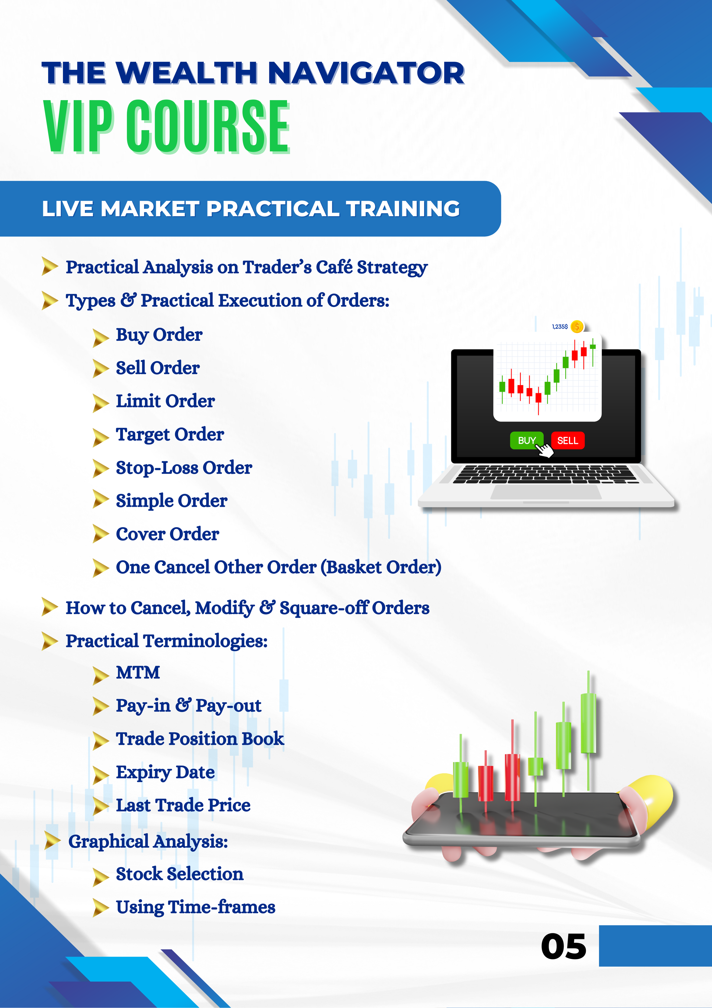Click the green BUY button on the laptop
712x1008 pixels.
pos(526,440)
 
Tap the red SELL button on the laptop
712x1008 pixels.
pos(568,440)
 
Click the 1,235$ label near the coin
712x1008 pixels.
pos(560,327)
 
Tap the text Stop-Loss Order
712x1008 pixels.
pos(184,467)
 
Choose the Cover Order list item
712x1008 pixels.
pos(167,534)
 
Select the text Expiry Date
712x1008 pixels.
pos(165,772)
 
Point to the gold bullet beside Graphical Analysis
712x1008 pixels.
pos(53,841)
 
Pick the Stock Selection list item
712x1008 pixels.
pos(179,874)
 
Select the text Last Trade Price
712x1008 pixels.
pos(183,805)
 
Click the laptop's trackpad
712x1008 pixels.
pos(546,492)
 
